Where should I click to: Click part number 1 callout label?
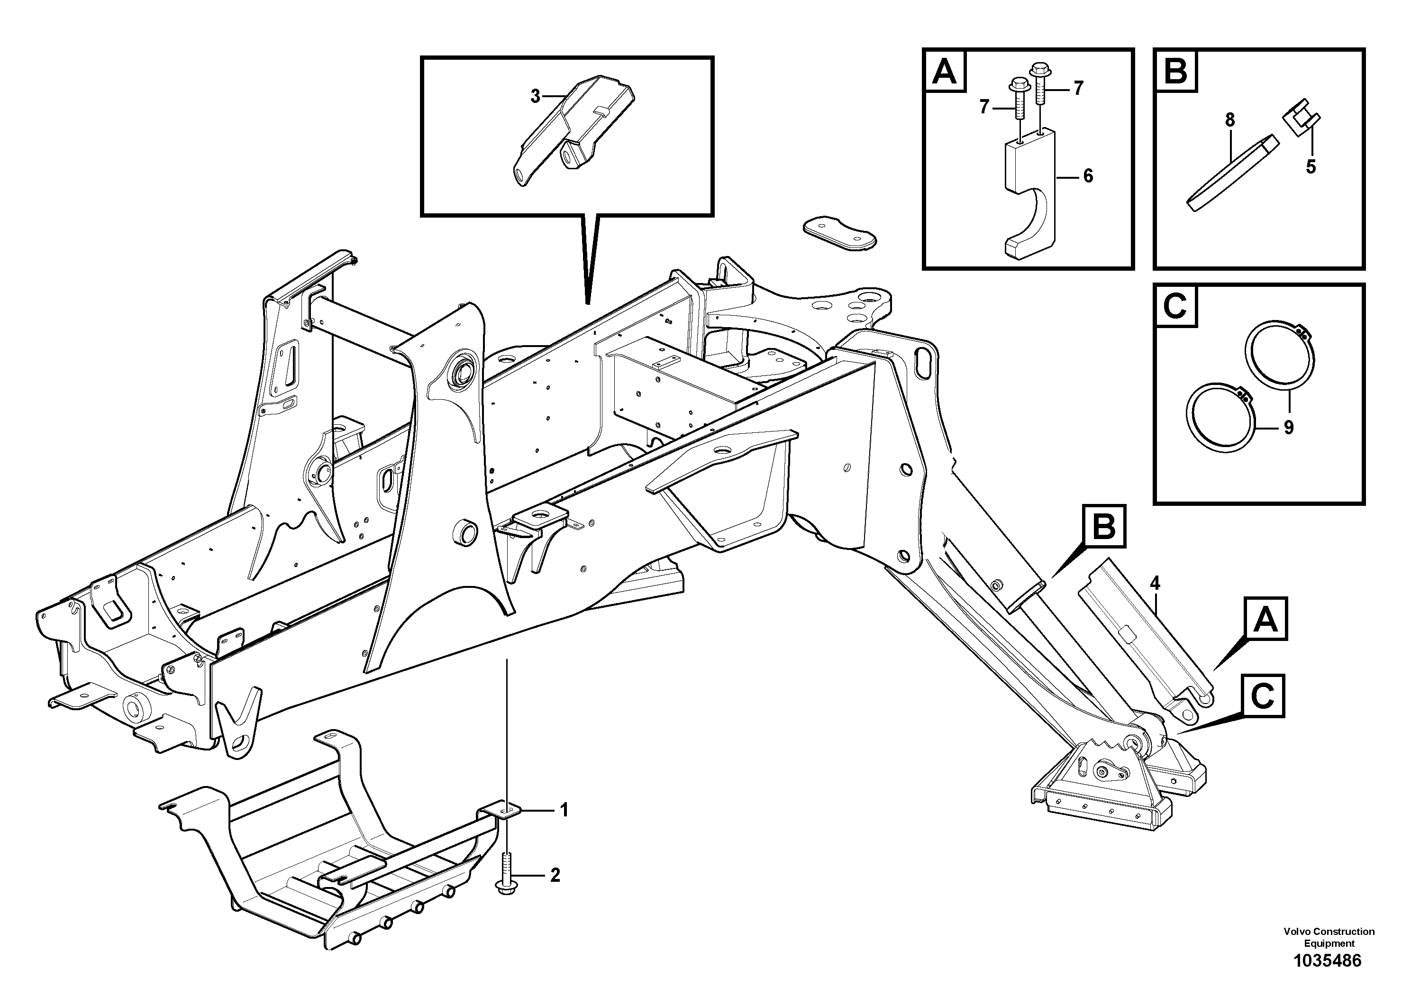pyautogui.click(x=564, y=810)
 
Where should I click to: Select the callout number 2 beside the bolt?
pyautogui.click(x=555, y=875)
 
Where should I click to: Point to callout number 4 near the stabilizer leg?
pyautogui.click(x=1155, y=583)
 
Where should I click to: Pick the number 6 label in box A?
pyautogui.click(x=1088, y=176)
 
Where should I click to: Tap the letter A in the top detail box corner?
pyautogui.click(x=945, y=72)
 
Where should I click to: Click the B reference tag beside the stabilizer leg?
pyautogui.click(x=1104, y=527)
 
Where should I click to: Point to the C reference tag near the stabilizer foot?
pyautogui.click(x=1262, y=696)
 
